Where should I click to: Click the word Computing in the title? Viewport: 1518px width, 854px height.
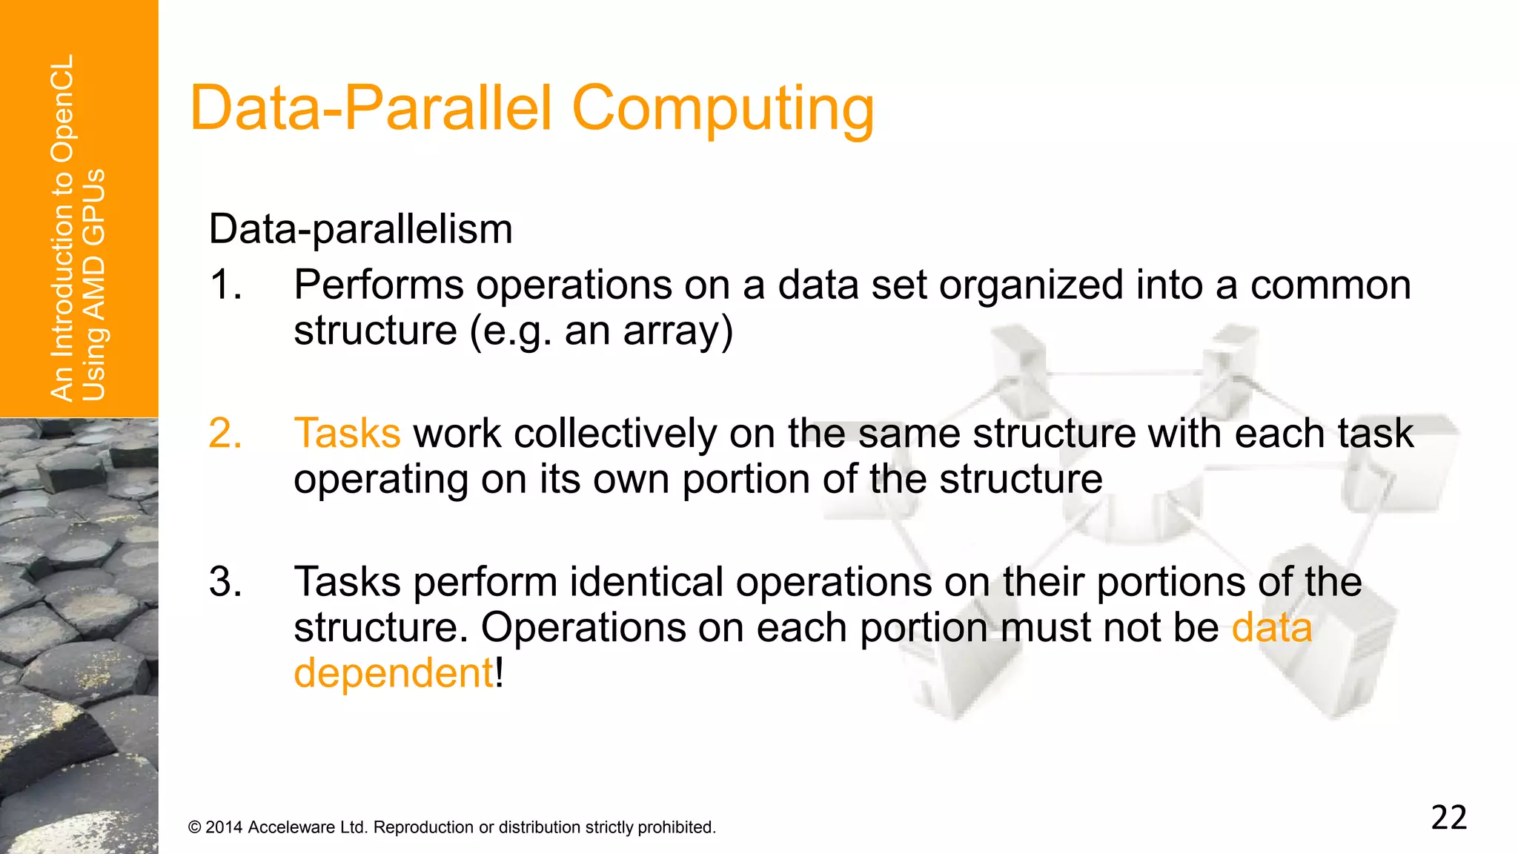click(723, 109)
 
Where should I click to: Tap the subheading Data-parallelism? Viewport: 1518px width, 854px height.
click(360, 229)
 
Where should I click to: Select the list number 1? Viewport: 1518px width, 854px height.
click(225, 285)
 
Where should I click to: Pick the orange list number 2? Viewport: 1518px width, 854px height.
click(225, 434)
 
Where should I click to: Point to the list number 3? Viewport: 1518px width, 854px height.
click(225, 582)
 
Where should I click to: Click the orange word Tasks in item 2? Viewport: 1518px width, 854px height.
click(347, 434)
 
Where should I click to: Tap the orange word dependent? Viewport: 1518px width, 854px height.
click(393, 674)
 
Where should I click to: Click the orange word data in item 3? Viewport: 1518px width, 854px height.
click(1271, 628)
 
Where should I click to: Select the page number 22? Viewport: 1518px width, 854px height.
click(1448, 818)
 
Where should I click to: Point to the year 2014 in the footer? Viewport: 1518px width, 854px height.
click(224, 827)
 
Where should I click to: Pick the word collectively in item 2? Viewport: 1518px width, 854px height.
click(615, 434)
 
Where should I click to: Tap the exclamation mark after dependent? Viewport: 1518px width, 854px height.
click(500, 674)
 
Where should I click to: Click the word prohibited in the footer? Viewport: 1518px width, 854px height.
click(676, 827)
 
